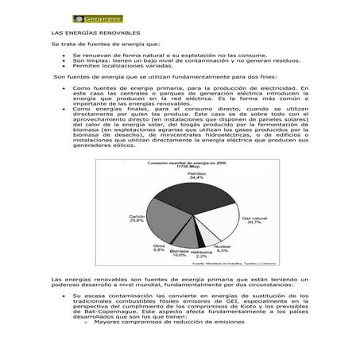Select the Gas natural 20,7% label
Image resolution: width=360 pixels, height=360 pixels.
254,219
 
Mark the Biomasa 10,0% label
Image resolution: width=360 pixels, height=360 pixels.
179,253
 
